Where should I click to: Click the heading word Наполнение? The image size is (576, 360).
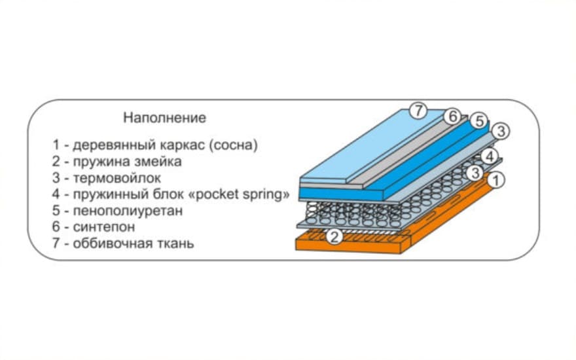click(164, 118)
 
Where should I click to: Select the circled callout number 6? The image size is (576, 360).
click(451, 117)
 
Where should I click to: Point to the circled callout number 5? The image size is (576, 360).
click(478, 121)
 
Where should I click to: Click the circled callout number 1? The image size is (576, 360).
click(497, 179)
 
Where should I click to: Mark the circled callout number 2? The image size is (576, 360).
click(334, 236)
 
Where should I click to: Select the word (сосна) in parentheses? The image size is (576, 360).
click(232, 145)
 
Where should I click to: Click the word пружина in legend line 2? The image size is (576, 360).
click(99, 161)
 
